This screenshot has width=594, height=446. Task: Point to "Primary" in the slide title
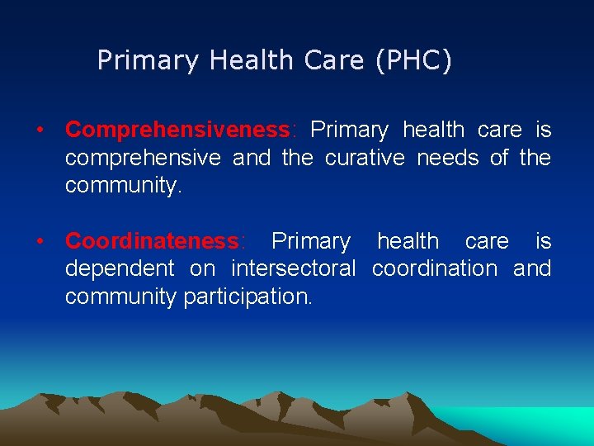148,61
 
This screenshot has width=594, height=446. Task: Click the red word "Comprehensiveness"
177,130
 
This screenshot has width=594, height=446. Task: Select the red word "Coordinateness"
152,241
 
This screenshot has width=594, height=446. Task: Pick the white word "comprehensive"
143,158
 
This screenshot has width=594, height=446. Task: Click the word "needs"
446,158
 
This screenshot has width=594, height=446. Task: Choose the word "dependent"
120,268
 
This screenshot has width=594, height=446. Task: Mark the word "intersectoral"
293,268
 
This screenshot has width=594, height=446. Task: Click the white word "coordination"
435,268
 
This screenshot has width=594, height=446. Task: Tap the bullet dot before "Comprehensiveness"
39,130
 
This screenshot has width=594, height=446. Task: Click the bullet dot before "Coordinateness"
39,241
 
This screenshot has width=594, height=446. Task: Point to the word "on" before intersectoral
202,268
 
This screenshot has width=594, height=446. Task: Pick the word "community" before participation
120,297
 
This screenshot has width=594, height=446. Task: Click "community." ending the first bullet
123,186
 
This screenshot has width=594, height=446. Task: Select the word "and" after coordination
532,268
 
